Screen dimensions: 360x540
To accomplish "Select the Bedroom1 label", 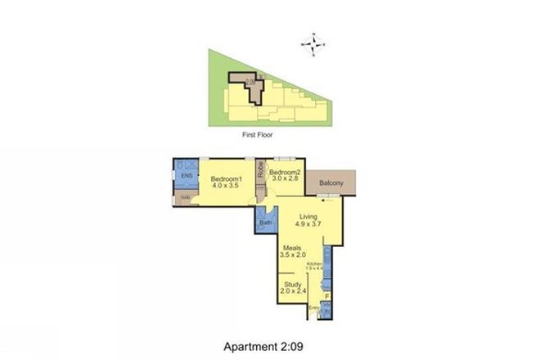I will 226,179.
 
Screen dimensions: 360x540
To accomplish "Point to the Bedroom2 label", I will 286,172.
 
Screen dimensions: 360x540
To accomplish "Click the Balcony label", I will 331,184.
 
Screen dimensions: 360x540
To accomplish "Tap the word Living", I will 308,217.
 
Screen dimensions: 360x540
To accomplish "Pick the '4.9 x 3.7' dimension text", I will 308,227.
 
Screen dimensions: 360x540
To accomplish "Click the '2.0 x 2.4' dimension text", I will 292,292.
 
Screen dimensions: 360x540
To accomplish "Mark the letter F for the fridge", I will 326,296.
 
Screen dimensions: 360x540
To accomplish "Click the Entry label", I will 315,308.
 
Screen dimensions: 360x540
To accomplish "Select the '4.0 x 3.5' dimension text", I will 226,187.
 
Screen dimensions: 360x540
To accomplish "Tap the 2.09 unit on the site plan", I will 249,81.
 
